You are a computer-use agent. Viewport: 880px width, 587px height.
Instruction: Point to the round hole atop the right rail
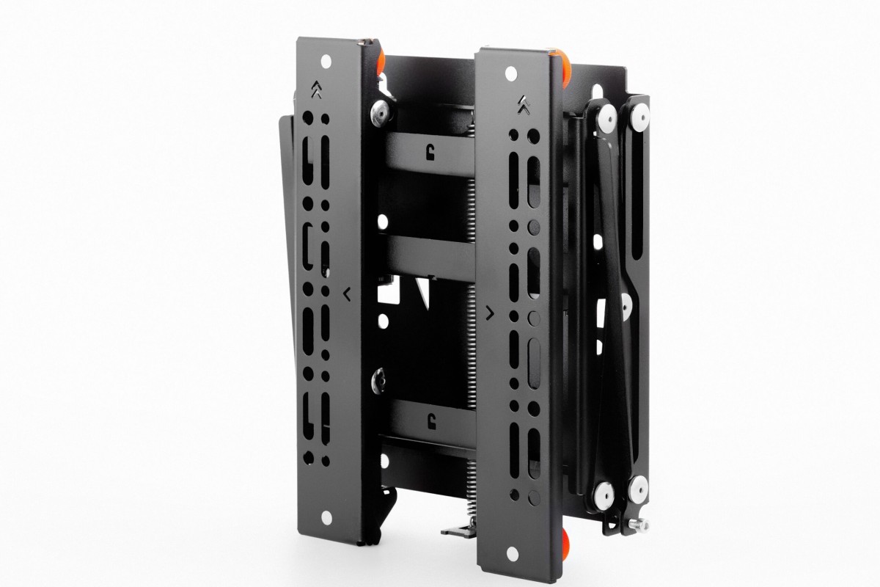(x=510, y=73)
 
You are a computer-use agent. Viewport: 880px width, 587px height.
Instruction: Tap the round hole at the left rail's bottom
(x=326, y=511)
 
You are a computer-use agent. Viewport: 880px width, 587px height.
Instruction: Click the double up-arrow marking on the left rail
(x=315, y=91)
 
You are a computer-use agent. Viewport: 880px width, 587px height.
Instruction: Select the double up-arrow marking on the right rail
(x=523, y=106)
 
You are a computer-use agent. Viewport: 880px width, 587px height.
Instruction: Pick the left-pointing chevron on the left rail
(x=345, y=295)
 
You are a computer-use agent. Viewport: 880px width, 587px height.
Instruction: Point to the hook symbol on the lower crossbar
(x=429, y=420)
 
